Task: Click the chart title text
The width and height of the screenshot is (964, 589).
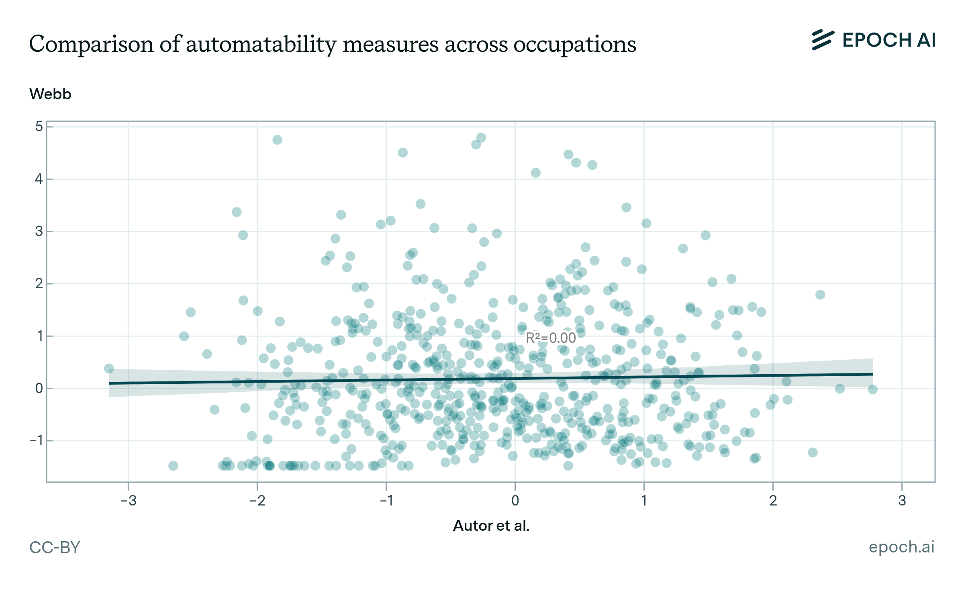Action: click(333, 44)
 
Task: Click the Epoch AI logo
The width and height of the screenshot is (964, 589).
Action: click(874, 40)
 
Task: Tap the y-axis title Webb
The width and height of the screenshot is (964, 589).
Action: click(50, 94)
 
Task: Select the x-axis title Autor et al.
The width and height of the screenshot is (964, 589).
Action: click(491, 526)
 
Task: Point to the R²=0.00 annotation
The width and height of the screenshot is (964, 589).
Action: click(551, 338)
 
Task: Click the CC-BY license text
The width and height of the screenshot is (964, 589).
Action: click(55, 548)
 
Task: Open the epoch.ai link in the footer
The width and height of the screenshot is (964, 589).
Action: click(901, 547)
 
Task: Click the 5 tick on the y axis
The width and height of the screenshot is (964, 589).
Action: click(39, 126)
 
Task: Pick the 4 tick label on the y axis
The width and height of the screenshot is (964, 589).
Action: click(39, 179)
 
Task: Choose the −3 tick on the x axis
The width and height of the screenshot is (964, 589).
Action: click(129, 501)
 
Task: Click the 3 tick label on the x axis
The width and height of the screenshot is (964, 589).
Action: click(902, 501)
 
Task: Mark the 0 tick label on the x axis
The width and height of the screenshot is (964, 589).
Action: click(515, 501)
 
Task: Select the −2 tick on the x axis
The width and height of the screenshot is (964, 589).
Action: click(257, 501)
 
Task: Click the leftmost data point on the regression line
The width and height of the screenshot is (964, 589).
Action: click(108, 369)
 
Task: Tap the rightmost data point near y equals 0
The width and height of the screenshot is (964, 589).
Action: click(872, 389)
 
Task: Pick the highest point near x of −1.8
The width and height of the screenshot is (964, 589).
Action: click(277, 140)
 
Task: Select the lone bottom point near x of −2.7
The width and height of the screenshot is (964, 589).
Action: click(173, 466)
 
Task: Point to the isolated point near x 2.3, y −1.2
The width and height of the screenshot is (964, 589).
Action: click(813, 452)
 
